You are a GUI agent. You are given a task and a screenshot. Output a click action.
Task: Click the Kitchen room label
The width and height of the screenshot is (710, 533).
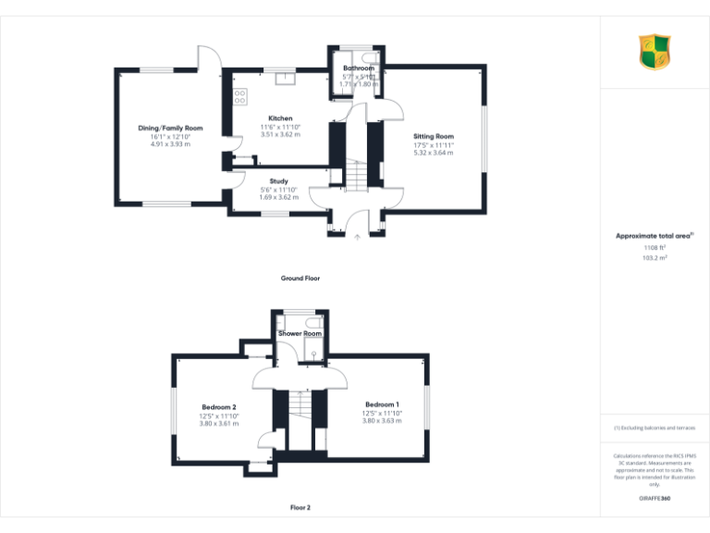(x=280, y=118)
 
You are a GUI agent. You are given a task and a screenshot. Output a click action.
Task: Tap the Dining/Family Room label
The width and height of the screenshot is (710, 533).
(x=170, y=128)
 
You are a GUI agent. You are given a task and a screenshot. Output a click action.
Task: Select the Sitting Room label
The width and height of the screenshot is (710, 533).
(x=434, y=136)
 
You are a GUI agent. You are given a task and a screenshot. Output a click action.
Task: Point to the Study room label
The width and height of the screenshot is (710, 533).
(x=278, y=181)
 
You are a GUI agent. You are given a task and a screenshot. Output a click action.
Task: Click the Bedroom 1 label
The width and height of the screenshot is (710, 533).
(x=382, y=404)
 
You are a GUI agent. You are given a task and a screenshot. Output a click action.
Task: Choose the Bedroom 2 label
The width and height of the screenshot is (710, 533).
(x=219, y=407)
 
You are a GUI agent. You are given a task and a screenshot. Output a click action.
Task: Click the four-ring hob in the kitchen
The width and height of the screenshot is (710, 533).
(x=239, y=95)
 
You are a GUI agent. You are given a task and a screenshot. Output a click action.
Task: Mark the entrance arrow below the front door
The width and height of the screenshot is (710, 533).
(x=358, y=238)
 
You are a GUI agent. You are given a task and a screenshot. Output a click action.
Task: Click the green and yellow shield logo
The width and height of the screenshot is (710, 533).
(x=655, y=52)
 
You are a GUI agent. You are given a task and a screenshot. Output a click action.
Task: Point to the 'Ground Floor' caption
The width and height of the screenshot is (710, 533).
(x=300, y=278)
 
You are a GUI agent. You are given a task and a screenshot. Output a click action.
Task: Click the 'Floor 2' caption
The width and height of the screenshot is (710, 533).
(x=300, y=508)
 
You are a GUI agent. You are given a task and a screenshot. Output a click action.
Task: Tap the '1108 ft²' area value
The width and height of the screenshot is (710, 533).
(x=655, y=248)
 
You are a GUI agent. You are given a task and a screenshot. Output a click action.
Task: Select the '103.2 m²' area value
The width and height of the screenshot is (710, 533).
(x=655, y=258)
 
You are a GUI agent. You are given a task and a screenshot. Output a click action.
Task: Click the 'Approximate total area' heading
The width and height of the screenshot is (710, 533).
(x=654, y=236)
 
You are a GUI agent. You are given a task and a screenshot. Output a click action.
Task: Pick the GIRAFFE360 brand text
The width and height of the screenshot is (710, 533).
(x=655, y=499)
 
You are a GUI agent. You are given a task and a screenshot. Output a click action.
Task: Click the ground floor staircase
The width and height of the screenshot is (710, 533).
(x=358, y=172)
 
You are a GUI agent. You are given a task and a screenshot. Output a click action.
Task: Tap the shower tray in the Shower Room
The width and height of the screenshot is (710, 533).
(x=313, y=350)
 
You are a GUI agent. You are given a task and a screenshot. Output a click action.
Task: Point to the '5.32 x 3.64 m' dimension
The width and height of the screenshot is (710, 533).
(x=434, y=153)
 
